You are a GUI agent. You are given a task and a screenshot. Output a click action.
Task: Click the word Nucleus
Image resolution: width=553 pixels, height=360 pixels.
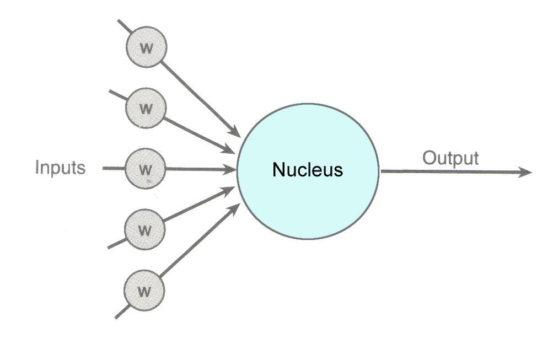click(x=308, y=170)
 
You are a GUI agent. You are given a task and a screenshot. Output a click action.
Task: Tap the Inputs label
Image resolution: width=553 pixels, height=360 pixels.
click(x=60, y=167)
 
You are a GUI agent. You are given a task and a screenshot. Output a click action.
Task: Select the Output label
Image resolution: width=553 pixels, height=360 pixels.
click(x=450, y=158)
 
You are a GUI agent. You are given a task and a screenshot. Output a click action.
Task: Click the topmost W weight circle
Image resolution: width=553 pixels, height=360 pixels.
click(x=146, y=47)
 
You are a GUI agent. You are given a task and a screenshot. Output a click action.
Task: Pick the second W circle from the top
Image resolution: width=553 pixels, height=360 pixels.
click(x=146, y=108)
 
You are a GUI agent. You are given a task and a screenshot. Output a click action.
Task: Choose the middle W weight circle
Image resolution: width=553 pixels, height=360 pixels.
click(x=146, y=168)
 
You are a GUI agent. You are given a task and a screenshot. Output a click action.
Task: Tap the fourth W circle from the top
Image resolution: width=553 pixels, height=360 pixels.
click(x=144, y=229)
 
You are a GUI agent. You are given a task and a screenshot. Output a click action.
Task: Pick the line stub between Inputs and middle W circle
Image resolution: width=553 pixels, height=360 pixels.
click(x=114, y=168)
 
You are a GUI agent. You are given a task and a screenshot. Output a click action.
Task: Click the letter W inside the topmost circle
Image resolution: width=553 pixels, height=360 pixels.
click(x=146, y=47)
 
